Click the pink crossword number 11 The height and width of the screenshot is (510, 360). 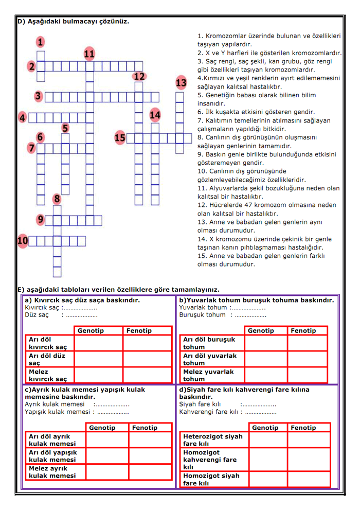point(89,54)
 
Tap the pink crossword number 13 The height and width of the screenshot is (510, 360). point(181,82)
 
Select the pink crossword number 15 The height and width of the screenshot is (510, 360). point(120,137)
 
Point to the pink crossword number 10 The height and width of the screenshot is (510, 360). point(22,240)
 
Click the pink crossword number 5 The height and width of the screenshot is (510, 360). point(65,128)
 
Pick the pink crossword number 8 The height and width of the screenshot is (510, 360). point(57,199)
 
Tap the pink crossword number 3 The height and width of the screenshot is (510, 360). point(38,96)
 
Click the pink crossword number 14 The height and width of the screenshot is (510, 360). point(155,115)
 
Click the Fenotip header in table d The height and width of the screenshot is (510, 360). point(303,427)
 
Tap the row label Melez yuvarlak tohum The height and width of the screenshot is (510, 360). point(208,375)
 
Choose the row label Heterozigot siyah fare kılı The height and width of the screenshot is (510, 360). point(213,439)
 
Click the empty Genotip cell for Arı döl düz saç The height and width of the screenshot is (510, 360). point(99,359)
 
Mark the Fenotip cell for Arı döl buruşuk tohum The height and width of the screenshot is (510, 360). point(308,343)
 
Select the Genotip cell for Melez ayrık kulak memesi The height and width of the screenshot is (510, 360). point(107,472)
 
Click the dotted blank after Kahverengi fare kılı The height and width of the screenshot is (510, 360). point(261,412)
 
